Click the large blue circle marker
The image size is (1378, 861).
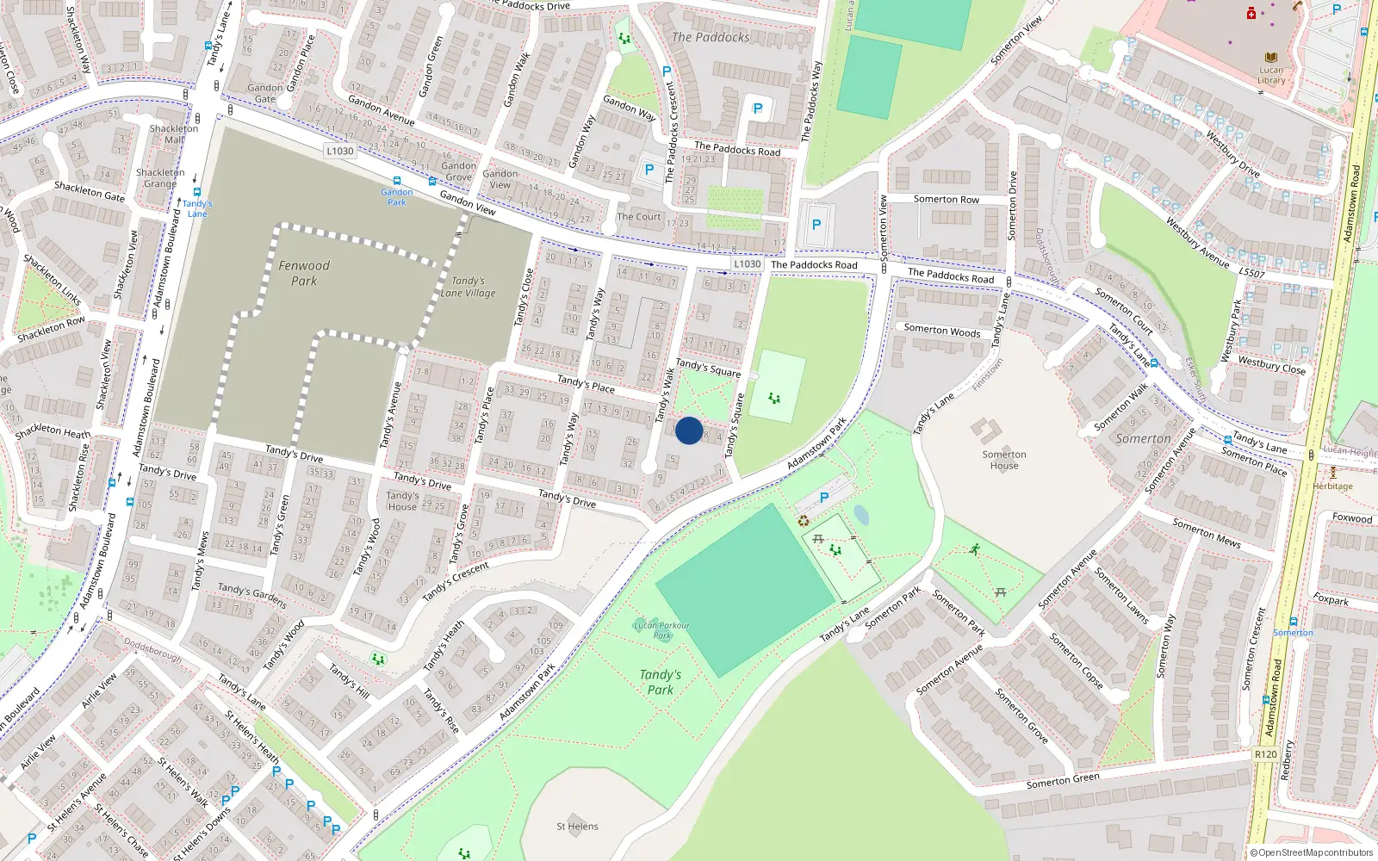pyautogui.click(x=689, y=430)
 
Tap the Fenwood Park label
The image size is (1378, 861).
pyautogui.click(x=304, y=273)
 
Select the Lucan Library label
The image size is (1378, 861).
pyautogui.click(x=1271, y=76)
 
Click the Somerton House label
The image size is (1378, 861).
pyautogui.click(x=1004, y=460)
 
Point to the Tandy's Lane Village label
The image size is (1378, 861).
pyautogui.click(x=468, y=287)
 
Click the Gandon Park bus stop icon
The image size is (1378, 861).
pyautogui.click(x=397, y=182)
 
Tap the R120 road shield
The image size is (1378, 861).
pyautogui.click(x=1266, y=754)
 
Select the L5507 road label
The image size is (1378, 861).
pyautogui.click(x=1251, y=273)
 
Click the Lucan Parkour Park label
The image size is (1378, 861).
pyautogui.click(x=661, y=630)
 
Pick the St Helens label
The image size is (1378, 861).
pyautogui.click(x=577, y=827)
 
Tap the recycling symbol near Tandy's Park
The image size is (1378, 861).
pyautogui.click(x=804, y=520)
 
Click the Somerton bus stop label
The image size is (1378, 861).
pyautogui.click(x=1293, y=633)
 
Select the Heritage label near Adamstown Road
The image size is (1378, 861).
pyautogui.click(x=1332, y=486)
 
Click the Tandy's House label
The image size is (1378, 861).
pyautogui.click(x=402, y=501)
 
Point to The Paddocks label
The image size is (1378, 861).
pyautogui.click(x=711, y=37)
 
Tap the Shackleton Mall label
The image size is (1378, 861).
pyautogui.click(x=174, y=133)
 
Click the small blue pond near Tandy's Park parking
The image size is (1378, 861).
pyautogui.click(x=861, y=516)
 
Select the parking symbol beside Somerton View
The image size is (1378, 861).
pyautogui.click(x=816, y=225)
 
